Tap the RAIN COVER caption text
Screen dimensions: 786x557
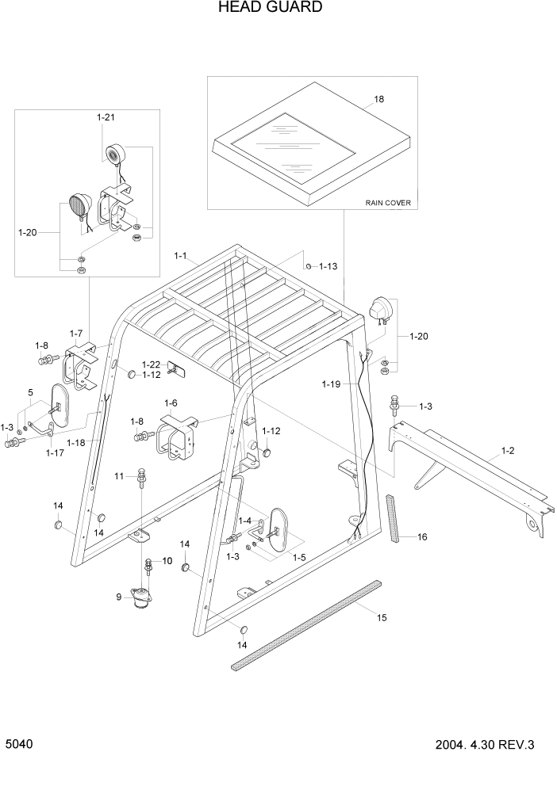click(x=388, y=203)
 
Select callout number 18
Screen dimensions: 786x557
click(x=378, y=101)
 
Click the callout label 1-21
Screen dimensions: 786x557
click(x=106, y=117)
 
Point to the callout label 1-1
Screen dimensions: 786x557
click(x=180, y=256)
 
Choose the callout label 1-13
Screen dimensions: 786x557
click(x=328, y=266)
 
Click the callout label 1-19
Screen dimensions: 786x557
click(x=332, y=383)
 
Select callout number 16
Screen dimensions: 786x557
click(x=422, y=536)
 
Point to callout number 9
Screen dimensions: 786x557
click(x=119, y=597)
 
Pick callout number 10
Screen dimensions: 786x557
click(x=167, y=560)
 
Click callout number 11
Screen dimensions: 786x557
click(x=119, y=475)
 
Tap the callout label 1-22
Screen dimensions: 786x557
click(x=152, y=364)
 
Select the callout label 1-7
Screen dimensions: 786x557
click(x=76, y=333)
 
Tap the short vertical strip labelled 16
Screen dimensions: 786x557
click(x=394, y=520)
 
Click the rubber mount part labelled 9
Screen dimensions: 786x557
click(x=143, y=598)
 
